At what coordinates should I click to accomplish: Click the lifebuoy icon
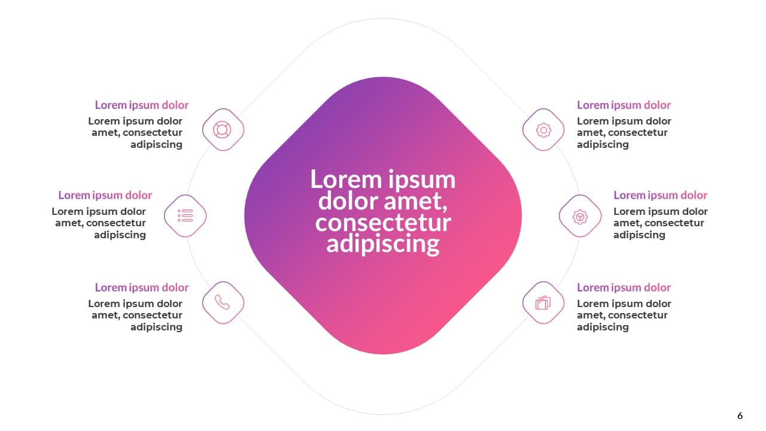click(x=222, y=130)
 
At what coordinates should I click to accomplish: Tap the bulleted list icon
click(x=186, y=215)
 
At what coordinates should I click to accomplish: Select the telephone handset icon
click(x=222, y=302)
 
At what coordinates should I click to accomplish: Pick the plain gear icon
click(x=543, y=130)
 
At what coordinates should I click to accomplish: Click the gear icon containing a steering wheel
click(x=580, y=217)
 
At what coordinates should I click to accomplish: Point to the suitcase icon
click(x=543, y=303)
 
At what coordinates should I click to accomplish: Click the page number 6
click(x=740, y=415)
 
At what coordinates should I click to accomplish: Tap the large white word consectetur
click(x=383, y=223)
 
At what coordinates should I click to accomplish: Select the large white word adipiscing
click(x=382, y=244)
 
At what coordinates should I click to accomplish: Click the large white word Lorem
click(x=345, y=179)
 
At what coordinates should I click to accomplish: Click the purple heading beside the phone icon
click(x=142, y=287)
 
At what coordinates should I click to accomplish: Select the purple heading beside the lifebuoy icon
click(x=142, y=105)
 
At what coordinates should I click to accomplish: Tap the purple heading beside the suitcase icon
click(x=624, y=287)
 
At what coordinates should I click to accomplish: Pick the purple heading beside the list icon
click(x=105, y=195)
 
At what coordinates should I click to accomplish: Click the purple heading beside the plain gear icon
click(x=624, y=105)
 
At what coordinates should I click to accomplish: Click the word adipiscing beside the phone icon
click(x=156, y=327)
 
